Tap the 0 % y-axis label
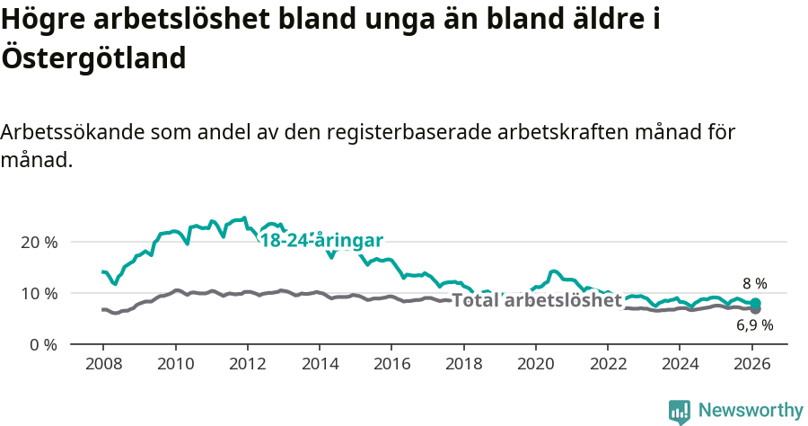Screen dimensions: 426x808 (x=42, y=344)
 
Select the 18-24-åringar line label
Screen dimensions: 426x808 (x=321, y=240)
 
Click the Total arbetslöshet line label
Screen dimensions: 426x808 (x=537, y=300)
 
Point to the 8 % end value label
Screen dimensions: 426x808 (x=754, y=284)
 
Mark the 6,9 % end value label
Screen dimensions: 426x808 (x=754, y=325)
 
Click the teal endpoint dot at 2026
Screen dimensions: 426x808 (x=755, y=303)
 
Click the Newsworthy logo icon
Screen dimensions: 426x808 (x=680, y=412)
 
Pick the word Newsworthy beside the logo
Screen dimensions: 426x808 (x=751, y=411)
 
